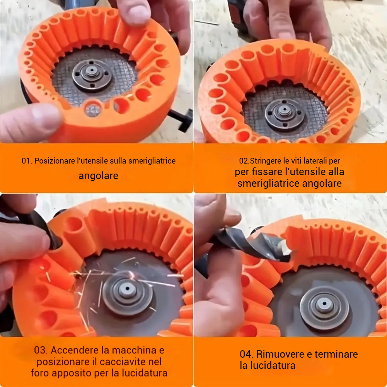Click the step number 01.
[26, 161]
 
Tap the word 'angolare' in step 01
[98, 176]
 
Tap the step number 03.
[41, 350]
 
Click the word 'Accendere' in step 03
[72, 350]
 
